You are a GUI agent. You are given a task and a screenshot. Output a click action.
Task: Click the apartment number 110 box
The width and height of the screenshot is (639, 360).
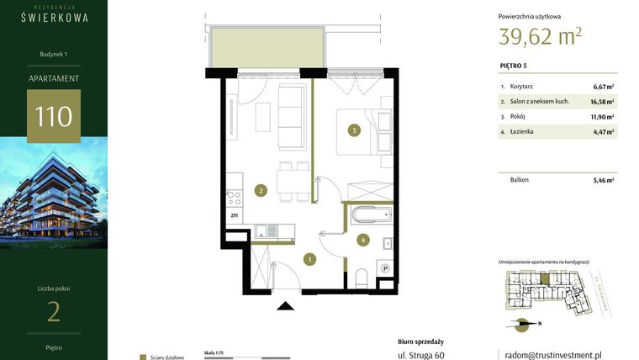click(x=53, y=114)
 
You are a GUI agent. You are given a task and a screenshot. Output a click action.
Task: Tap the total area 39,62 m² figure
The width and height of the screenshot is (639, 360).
click(x=540, y=36)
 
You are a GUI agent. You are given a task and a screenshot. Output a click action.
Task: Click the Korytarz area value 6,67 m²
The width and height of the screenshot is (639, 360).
click(x=603, y=86)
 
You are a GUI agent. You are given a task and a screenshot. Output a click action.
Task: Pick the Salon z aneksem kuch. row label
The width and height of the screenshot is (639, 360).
click(x=540, y=101)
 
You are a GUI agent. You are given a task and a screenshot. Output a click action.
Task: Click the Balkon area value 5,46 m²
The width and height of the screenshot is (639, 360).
click(x=603, y=179)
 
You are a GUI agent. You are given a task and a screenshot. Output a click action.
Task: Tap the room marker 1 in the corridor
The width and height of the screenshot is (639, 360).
click(x=309, y=258)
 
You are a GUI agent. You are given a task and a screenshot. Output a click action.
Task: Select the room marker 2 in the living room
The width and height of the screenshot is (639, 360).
click(x=261, y=191)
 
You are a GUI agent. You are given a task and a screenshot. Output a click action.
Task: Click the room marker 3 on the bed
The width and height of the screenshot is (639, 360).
click(x=356, y=130)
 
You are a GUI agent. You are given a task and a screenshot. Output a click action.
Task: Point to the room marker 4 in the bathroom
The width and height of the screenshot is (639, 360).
click(x=362, y=240)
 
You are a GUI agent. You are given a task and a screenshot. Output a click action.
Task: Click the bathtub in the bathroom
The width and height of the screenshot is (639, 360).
click(x=371, y=214)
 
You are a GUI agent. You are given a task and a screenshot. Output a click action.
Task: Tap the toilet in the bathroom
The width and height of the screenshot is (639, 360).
click(x=361, y=278)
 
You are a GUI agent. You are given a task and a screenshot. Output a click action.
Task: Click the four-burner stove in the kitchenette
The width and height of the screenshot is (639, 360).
click(x=235, y=199)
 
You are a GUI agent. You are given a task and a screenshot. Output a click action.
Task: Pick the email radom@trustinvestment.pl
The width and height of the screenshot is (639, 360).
click(x=550, y=355)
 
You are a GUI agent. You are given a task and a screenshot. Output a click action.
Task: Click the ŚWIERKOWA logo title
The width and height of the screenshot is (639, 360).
click(x=54, y=16)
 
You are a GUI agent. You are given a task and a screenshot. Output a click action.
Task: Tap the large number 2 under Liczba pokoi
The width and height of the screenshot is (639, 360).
click(x=53, y=312)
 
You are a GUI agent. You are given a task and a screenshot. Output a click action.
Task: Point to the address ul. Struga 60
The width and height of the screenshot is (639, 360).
click(x=420, y=355)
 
